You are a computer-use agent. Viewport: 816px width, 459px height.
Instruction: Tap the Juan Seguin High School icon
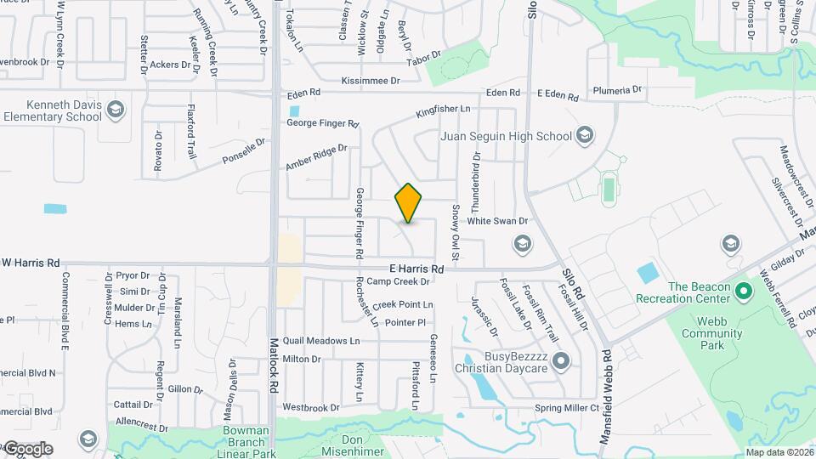pyautogui.click(x=584, y=135)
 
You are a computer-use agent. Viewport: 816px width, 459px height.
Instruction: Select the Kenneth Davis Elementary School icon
pyautogui.click(x=116, y=109)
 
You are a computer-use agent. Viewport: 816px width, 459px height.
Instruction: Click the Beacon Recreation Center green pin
pyautogui.click(x=745, y=292)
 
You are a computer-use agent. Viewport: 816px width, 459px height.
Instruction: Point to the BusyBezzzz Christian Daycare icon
pyautogui.click(x=560, y=362)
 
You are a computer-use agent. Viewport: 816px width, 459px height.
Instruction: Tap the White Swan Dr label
pyautogui.click(x=497, y=221)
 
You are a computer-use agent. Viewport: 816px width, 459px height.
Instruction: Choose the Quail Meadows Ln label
pyautogui.click(x=321, y=340)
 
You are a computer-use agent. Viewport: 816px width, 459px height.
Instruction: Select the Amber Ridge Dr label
pyautogui.click(x=317, y=159)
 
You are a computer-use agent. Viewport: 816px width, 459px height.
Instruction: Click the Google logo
pyautogui.click(x=27, y=448)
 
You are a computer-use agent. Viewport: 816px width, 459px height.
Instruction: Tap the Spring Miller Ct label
pyautogui.click(x=567, y=408)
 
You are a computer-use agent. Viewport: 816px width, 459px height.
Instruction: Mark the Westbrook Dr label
pyautogui.click(x=310, y=408)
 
